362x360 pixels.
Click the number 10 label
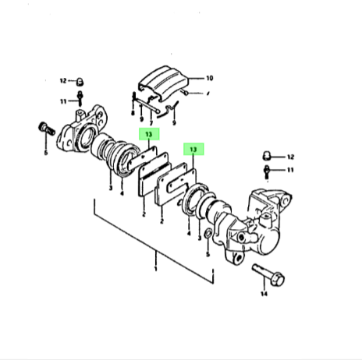pyautogui.click(x=210, y=78)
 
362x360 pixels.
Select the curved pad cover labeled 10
pyautogui.click(x=163, y=83)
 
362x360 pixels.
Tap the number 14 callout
pyautogui.click(x=264, y=294)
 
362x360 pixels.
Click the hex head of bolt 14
pyautogui.click(x=278, y=279)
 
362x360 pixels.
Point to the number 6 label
pyautogui.click(x=46, y=153)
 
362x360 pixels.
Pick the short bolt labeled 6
pyautogui.click(x=47, y=129)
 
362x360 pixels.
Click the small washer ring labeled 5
pyautogui.click(x=208, y=233)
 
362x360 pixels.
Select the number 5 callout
pyautogui.click(x=208, y=254)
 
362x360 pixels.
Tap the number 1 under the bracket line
pyautogui.click(x=155, y=269)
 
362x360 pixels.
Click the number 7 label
pyautogui.click(x=151, y=123)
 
